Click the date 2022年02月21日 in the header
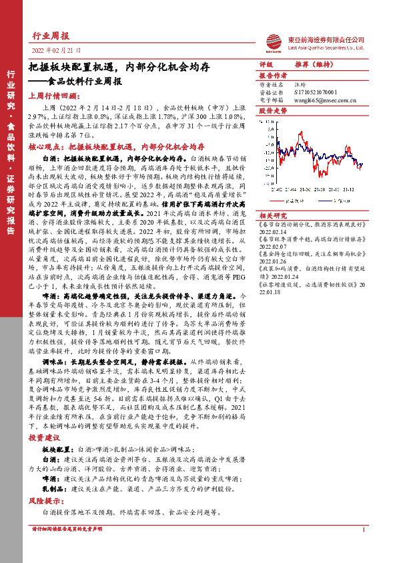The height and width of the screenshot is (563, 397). [56, 51]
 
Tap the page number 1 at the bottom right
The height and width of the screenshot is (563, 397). [362, 549]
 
